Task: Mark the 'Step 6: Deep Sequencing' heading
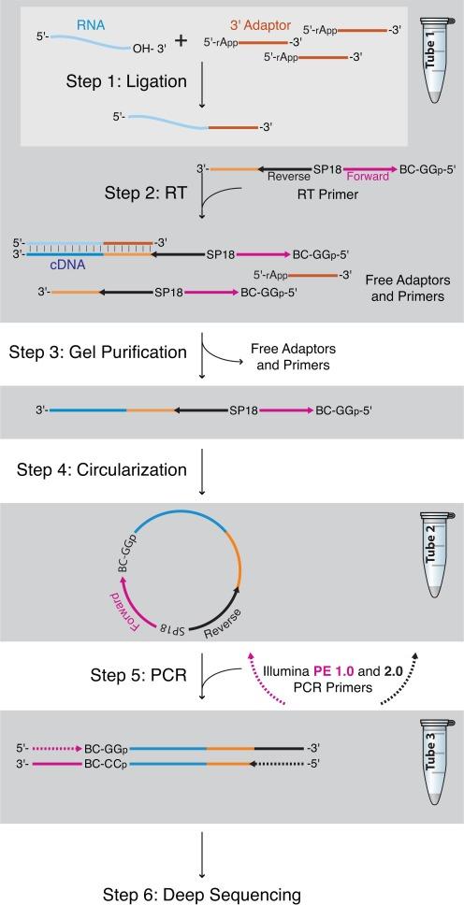pos(199,894)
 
